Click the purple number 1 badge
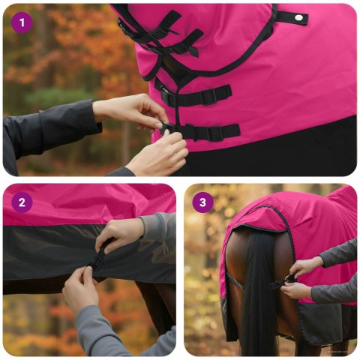(x=22, y=22)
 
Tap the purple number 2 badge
(x=22, y=202)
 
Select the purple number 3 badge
(x=202, y=202)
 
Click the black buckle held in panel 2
(x=96, y=261)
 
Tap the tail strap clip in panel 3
(x=288, y=280)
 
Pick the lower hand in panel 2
(x=80, y=289)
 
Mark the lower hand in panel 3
(x=297, y=289)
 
